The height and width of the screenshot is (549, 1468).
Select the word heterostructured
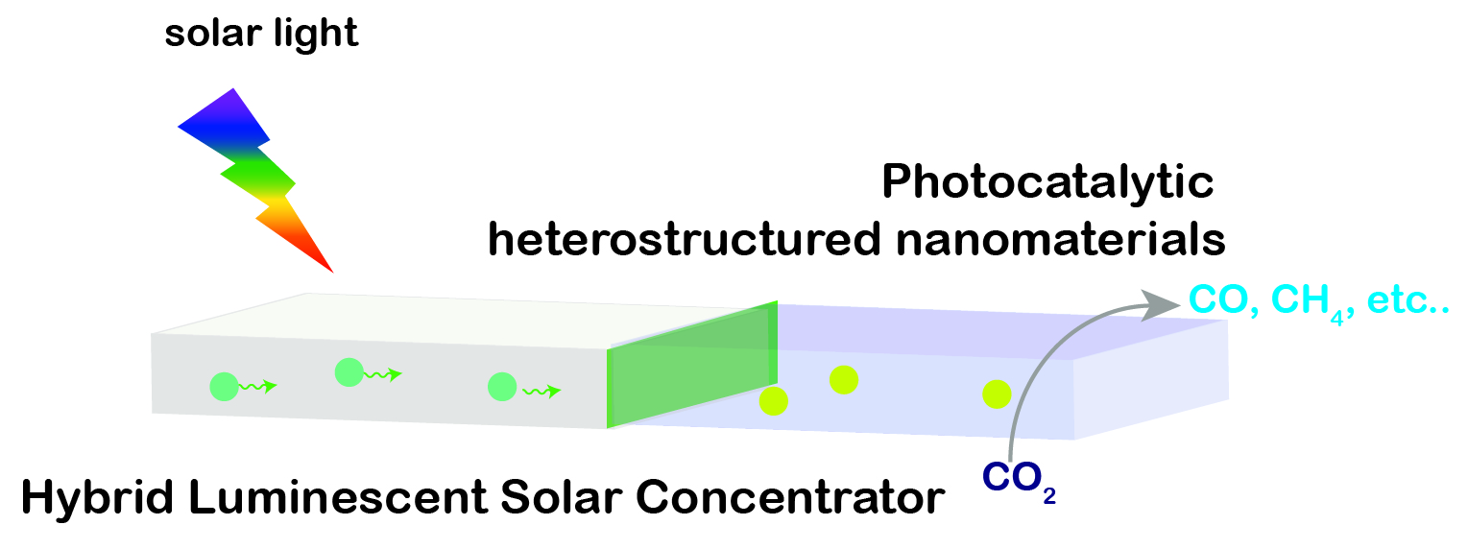(x=682, y=241)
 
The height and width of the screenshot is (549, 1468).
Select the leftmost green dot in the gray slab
(x=224, y=387)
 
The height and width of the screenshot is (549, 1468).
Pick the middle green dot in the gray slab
(x=349, y=372)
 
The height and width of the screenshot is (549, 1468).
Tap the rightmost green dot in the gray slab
(x=502, y=387)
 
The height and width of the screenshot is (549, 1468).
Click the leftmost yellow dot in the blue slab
(x=773, y=401)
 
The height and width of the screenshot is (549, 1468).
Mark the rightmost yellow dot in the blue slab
(x=996, y=393)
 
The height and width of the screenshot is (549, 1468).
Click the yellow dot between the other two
(x=843, y=379)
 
